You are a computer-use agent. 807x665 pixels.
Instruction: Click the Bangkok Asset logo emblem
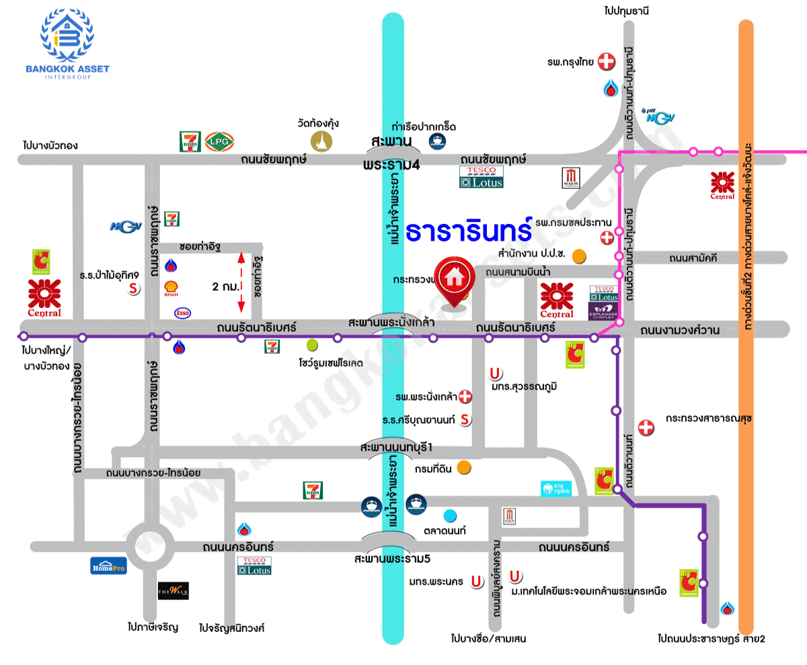tap(67, 36)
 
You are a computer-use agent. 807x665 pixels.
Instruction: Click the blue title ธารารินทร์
tap(469, 231)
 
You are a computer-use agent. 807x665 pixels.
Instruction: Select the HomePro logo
tap(108, 565)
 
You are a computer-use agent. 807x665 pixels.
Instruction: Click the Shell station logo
tap(171, 288)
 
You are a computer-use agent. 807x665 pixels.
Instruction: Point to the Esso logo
tap(182, 313)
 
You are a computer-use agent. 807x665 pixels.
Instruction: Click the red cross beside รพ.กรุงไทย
tap(607, 63)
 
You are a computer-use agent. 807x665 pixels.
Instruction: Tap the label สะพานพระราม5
tap(395, 558)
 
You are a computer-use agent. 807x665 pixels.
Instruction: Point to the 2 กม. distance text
tap(224, 286)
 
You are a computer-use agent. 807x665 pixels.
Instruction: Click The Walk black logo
tap(173, 591)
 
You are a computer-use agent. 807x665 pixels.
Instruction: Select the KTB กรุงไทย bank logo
tap(556, 489)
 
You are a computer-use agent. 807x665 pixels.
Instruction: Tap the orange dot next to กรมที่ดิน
tap(463, 467)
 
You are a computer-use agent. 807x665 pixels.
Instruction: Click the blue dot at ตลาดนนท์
tap(450, 516)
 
